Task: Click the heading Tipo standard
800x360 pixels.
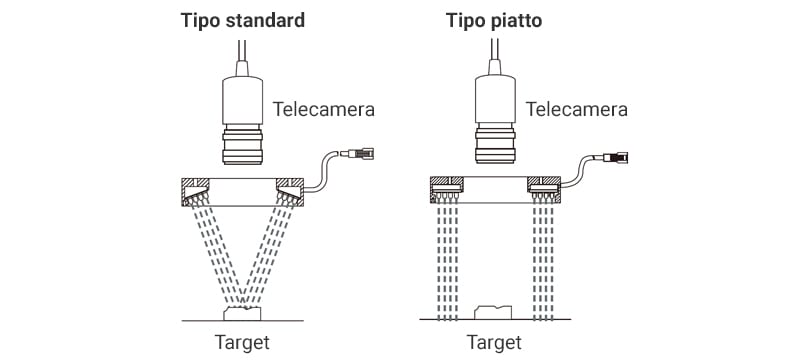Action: tap(242, 21)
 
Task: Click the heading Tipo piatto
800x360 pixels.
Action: tap(494, 21)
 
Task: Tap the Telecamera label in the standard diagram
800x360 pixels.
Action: tap(323, 109)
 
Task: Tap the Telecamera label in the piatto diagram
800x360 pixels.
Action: tap(577, 109)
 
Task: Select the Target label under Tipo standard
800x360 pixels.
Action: tap(242, 342)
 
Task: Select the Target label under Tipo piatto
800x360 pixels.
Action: tap(494, 342)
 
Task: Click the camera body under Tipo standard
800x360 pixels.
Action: tap(242, 101)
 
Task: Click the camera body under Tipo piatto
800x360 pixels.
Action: tap(494, 100)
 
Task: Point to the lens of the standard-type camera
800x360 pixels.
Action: tap(242, 145)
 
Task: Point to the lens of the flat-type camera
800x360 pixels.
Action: tap(494, 145)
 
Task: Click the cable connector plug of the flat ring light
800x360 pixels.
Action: tap(615, 157)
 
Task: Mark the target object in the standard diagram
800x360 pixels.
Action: tap(242, 313)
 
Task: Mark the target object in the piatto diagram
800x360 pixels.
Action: tap(493, 312)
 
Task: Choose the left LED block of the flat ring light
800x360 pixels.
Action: tap(446, 189)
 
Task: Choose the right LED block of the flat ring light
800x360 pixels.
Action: tap(544, 189)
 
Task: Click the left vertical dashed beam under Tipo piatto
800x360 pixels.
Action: tap(447, 261)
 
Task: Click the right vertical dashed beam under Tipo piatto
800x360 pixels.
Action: tap(543, 261)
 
